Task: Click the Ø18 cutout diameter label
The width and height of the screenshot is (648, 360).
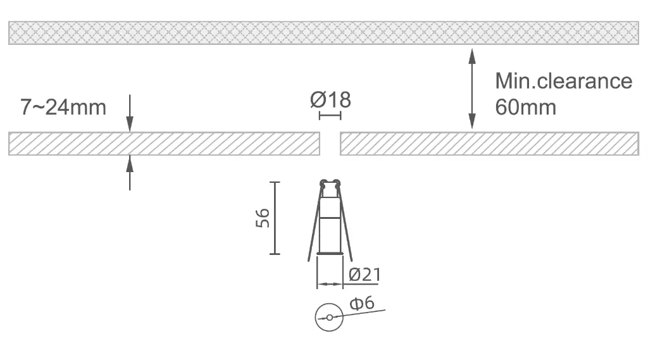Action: pyautogui.click(x=330, y=100)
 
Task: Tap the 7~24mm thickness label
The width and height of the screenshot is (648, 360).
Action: pyautogui.click(x=63, y=108)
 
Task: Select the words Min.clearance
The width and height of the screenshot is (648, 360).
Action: pyautogui.click(x=564, y=81)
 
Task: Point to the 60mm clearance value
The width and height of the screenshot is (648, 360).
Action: pyautogui.click(x=526, y=108)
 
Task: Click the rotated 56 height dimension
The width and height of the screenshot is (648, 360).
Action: pyautogui.click(x=263, y=218)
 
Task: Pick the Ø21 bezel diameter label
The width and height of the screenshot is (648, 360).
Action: pyautogui.click(x=365, y=275)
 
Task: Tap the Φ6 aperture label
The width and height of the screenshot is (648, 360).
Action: pyautogui.click(x=362, y=303)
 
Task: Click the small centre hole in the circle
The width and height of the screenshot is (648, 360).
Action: pyautogui.click(x=329, y=318)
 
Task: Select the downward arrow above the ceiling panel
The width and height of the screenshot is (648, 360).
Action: pyautogui.click(x=130, y=113)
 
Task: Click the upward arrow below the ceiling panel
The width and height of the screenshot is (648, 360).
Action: pyautogui.click(x=130, y=173)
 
